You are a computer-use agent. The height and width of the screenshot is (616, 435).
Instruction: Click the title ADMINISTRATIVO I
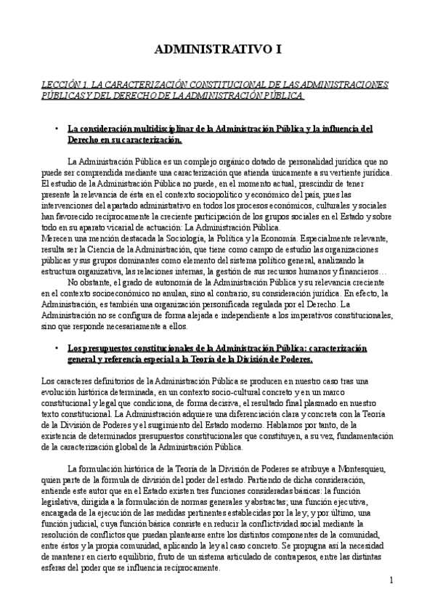click(x=217, y=49)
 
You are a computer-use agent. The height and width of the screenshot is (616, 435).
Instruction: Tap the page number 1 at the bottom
click(x=391, y=580)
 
